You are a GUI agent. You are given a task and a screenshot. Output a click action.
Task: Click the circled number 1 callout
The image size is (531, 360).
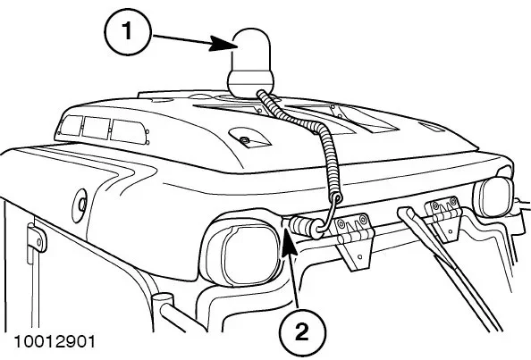pos(127,31)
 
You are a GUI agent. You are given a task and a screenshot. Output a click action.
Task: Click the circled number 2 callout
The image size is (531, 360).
pos(302,331)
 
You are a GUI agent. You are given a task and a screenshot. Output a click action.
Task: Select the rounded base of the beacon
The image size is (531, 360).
pos(250,84)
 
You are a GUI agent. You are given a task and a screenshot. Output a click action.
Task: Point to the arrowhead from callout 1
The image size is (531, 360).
pos(222,43)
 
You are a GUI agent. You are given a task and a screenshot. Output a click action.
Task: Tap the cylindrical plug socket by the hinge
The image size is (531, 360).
pos(306,227)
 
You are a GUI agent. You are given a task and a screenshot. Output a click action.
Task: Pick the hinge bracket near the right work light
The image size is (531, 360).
pos(444,219)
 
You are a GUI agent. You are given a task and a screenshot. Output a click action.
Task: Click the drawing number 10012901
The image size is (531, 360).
pos(55,342)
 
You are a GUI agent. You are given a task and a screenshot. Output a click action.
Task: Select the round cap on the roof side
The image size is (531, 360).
pos(80,205)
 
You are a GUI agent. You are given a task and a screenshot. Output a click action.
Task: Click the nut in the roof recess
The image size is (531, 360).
pos(243,139)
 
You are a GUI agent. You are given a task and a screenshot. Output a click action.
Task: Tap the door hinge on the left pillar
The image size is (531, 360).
pos(38,238)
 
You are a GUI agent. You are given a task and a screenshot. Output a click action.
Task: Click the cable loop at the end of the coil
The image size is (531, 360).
pos(329,213)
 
